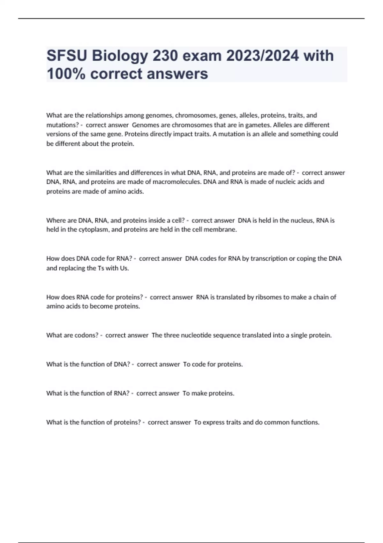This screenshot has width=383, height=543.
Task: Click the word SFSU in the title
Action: [67, 56]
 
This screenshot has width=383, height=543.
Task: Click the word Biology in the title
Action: [120, 56]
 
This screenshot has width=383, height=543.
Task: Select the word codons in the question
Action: [86, 335]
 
